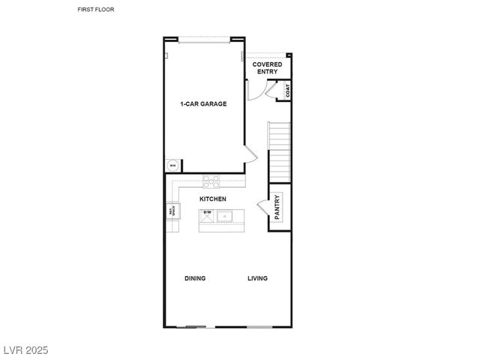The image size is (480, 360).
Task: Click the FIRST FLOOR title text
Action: (96, 10)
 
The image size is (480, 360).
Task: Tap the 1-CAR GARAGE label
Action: (202, 103)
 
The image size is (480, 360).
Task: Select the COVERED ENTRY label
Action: (267, 68)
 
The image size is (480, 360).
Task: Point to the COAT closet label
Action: (287, 91)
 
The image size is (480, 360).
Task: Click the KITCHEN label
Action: (212, 199)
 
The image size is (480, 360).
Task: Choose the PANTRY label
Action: (277, 206)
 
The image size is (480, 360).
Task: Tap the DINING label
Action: (195, 278)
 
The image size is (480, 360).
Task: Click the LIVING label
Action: (258, 278)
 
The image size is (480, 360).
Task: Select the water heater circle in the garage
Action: (172, 166)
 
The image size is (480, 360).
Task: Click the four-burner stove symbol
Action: (212, 179)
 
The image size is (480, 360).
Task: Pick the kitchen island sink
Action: (226, 217)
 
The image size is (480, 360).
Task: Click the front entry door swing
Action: (256, 88)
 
